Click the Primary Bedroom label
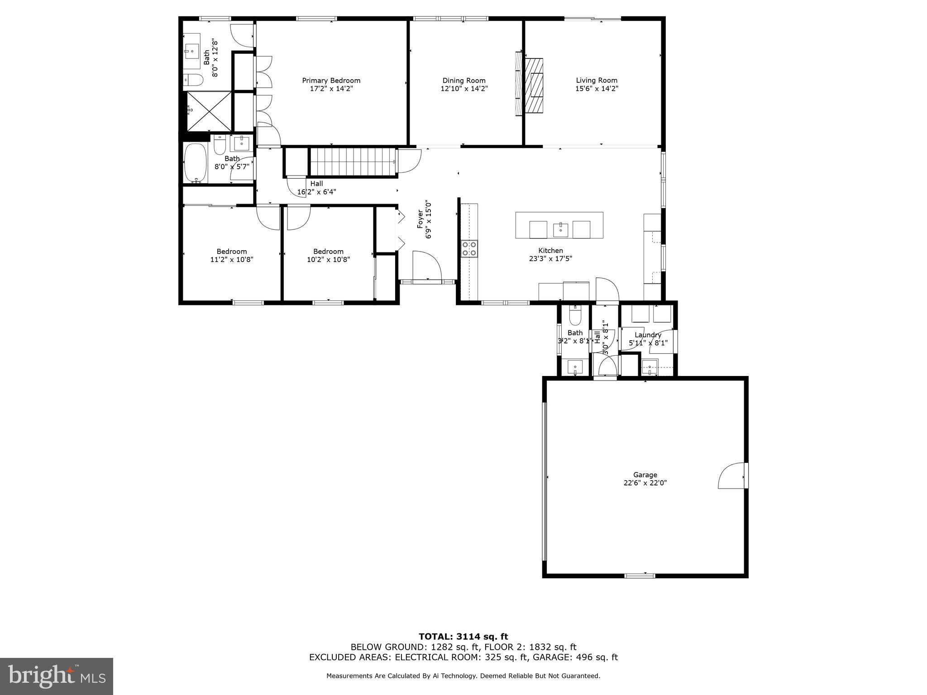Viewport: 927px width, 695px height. coord(331,81)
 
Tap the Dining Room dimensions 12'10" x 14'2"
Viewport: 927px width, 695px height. coord(464,89)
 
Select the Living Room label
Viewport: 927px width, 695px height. coord(597,81)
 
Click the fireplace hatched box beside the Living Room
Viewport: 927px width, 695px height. coord(534,86)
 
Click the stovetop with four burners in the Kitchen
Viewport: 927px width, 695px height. coord(469,249)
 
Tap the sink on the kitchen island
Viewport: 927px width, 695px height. coord(560,229)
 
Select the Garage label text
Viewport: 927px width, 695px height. coord(645,475)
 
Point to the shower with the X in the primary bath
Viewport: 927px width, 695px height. coord(209,110)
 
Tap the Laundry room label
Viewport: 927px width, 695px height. coord(648,335)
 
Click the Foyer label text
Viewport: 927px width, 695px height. coord(420,218)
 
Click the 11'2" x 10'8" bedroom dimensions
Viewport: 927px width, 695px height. coord(232,260)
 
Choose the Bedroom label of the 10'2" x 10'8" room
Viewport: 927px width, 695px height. coord(328,252)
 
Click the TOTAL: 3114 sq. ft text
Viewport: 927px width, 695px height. coord(463,637)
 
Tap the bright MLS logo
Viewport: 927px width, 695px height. coord(57,676)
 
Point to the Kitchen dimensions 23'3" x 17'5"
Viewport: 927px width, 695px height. coord(550,259)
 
